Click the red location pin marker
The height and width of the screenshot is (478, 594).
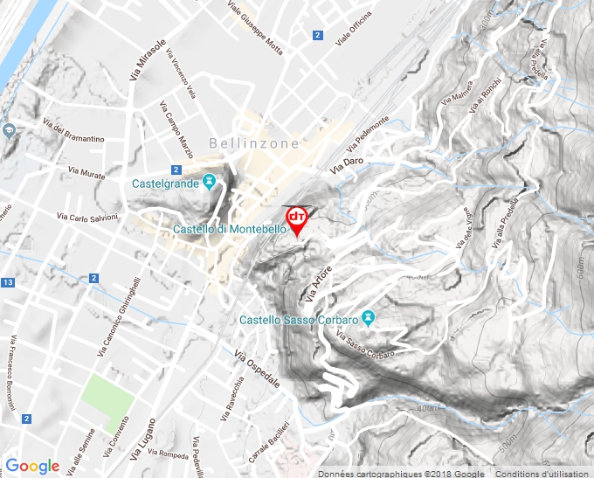click(297, 218)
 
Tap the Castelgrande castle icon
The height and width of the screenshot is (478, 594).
click(209, 183)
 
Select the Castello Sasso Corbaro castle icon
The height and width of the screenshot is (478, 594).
click(369, 318)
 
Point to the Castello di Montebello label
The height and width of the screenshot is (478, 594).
click(229, 229)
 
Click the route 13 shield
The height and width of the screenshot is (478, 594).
click(8, 283)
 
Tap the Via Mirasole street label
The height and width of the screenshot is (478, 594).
click(148, 60)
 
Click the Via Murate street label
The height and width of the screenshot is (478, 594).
click(86, 170)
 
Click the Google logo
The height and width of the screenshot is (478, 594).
click(32, 466)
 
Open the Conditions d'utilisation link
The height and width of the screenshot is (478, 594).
click(543, 474)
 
